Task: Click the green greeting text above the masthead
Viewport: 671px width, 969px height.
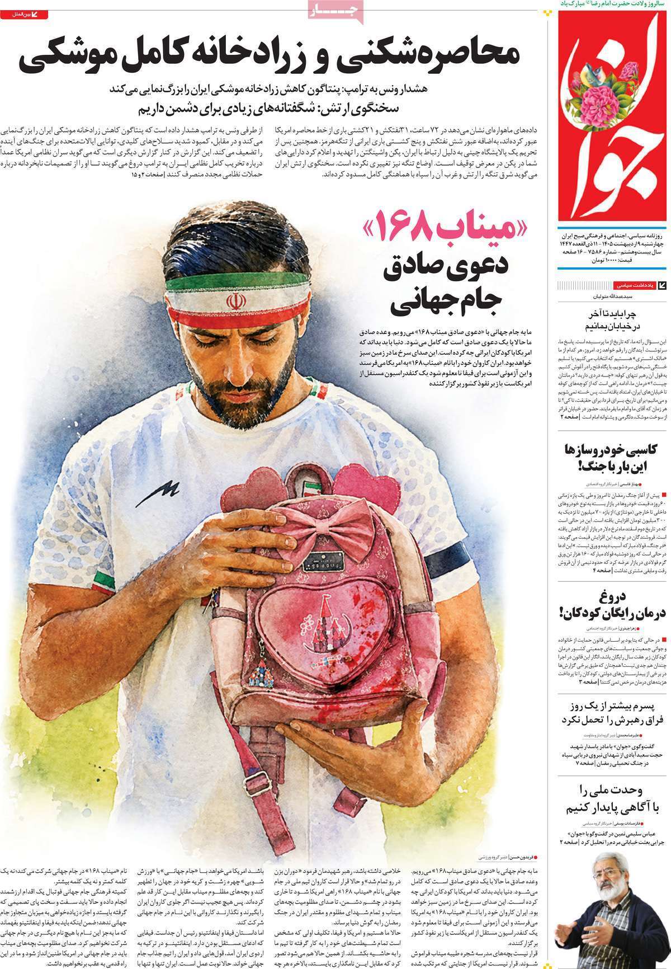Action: pyautogui.click(x=609, y=3)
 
